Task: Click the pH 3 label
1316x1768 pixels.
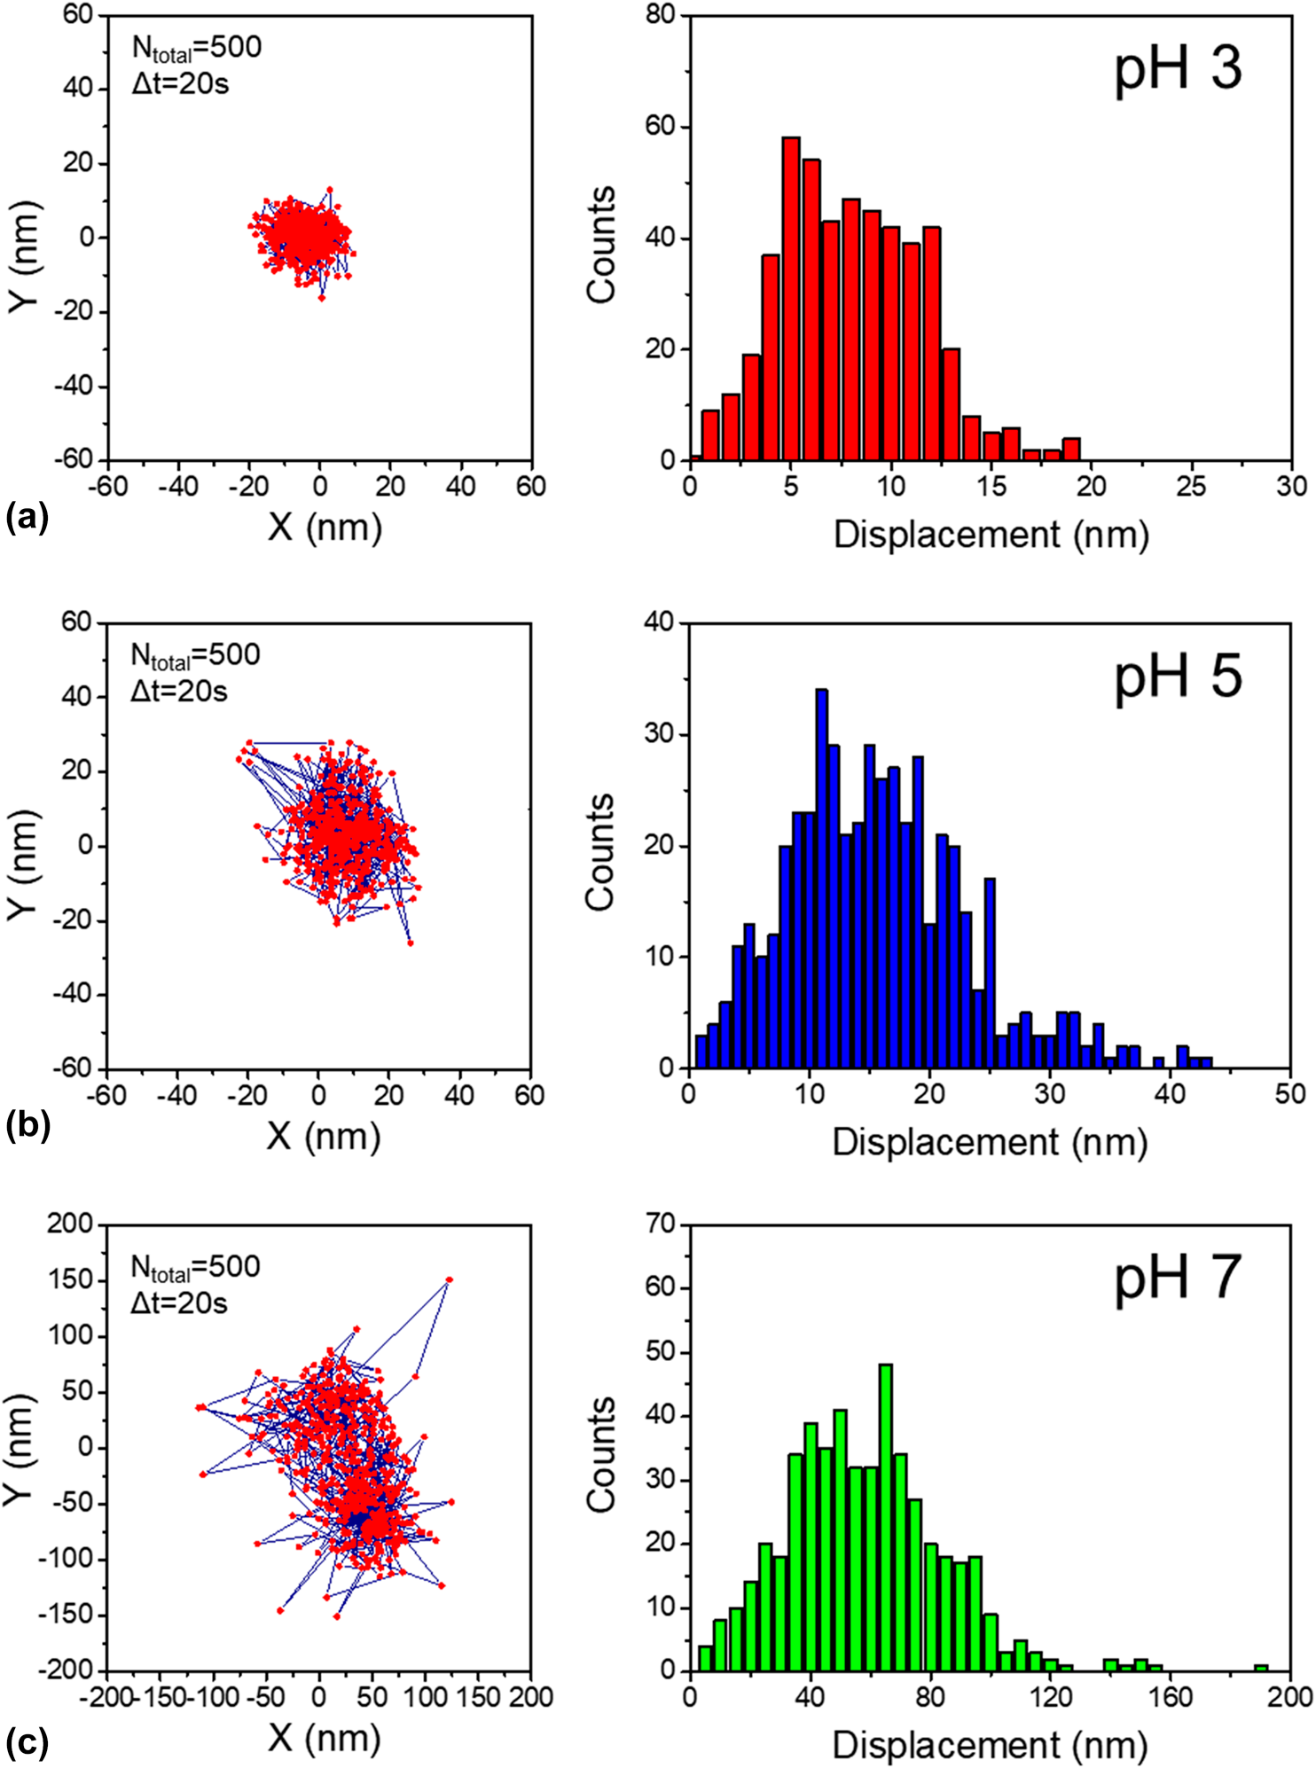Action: pos(1178,69)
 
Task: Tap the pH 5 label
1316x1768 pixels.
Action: pos(1178,678)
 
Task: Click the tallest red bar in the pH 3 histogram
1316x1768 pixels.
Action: pos(791,301)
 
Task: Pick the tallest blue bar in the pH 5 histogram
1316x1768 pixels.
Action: pos(822,878)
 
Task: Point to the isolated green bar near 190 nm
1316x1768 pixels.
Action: pos(1261,1668)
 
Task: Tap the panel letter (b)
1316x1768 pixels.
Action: pos(27,1125)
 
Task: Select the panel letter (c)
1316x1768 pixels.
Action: pos(27,1742)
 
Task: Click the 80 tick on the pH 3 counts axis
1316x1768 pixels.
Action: pos(660,16)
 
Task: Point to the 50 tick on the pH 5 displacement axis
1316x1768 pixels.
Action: pos(1290,1094)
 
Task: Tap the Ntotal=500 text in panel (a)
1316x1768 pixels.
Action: pos(197,48)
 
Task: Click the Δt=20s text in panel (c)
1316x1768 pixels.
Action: pos(179,1303)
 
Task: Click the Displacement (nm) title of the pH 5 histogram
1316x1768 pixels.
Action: pos(990,1142)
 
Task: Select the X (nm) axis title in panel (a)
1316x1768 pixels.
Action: pos(325,528)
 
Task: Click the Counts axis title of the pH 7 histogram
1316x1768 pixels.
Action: pos(601,1454)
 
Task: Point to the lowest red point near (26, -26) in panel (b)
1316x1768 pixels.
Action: pos(411,943)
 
